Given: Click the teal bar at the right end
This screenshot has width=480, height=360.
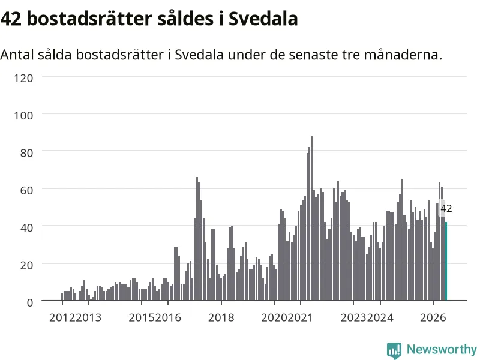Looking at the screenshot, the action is coord(446,261).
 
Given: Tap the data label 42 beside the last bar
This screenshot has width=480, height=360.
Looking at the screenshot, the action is coord(446,208).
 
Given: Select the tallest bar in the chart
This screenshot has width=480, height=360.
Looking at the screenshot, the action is coord(311,218).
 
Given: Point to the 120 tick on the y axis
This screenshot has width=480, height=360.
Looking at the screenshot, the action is coord(23,78).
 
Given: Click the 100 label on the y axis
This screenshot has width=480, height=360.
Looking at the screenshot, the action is coord(23,115).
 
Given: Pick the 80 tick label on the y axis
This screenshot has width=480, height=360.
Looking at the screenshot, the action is coord(26,153).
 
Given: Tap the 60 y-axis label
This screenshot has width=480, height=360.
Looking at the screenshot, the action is coord(26,190).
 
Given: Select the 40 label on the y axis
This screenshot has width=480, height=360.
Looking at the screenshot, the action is coord(26,228).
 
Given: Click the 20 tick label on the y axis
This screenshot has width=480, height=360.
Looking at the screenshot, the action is coord(26,265).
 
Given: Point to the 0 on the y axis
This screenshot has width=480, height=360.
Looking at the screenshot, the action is coord(29,302).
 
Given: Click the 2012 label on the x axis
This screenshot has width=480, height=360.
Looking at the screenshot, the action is coord(62,317).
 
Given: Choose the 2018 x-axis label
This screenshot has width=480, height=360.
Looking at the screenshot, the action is coord(221,317).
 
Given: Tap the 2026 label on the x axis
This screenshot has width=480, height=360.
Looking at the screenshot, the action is coord(433,317).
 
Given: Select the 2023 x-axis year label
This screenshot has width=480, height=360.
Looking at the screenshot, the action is coord(353,317).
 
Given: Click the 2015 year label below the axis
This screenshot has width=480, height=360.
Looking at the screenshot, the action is coord(142,317).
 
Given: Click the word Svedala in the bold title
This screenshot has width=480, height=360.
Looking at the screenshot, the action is coord(263,19).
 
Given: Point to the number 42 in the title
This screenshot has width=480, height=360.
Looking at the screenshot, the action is coord(11,19).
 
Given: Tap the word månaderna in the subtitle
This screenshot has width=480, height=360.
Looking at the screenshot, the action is coord(403,55).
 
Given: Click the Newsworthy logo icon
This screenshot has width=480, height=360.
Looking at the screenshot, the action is coord(394,350).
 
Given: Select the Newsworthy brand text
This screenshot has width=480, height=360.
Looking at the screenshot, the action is coord(442,349).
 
